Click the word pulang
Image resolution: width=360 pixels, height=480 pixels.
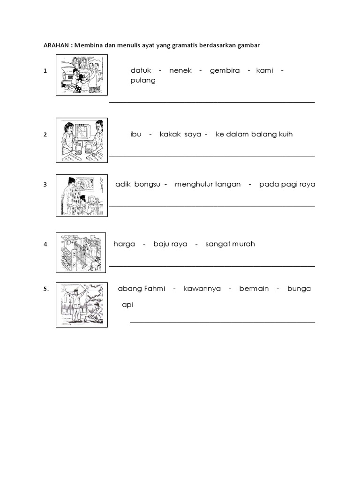pyautogui.click(x=143, y=80)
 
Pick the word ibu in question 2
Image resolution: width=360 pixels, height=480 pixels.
pyautogui.click(x=136, y=135)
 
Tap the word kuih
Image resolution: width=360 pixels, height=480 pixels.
pyautogui.click(x=285, y=135)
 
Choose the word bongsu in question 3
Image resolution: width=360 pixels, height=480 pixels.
pyautogui.click(x=148, y=184)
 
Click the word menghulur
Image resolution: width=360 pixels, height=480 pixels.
pyautogui.click(x=194, y=184)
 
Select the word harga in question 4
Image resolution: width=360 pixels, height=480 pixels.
pyautogui.click(x=124, y=244)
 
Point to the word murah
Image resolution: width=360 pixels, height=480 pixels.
pyautogui.click(x=244, y=244)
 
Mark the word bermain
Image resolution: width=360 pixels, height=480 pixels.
pyautogui.click(x=254, y=289)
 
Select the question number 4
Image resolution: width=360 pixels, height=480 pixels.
pyautogui.click(x=45, y=245)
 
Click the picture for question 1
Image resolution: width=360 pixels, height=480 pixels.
pyautogui.click(x=82, y=75)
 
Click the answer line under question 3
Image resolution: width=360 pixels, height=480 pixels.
pyautogui.click(x=212, y=206)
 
